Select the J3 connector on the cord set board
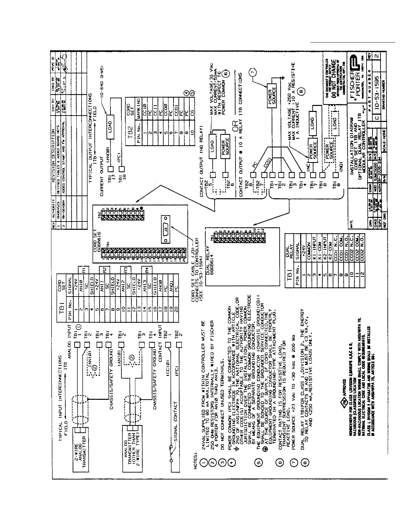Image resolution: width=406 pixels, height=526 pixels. pyautogui.click(x=166, y=229)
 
